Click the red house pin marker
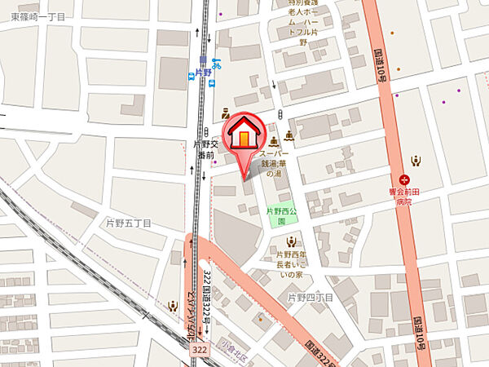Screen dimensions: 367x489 pyautogui.click(x=243, y=135)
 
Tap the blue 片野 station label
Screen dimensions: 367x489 pyautogui.click(x=203, y=73)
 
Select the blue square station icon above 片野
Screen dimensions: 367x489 pyautogui.click(x=203, y=60)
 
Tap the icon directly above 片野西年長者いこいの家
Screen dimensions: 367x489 pyautogui.click(x=292, y=241)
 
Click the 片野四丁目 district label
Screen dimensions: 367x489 pyautogui.click(x=310, y=298)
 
